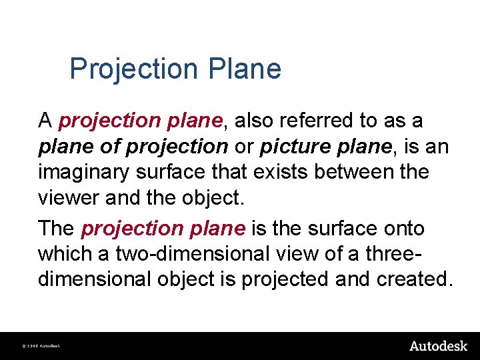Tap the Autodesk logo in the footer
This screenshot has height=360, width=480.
(x=438, y=345)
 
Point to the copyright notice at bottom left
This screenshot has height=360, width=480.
(x=41, y=346)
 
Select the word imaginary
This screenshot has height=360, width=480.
(x=85, y=172)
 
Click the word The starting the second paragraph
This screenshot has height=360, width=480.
(x=57, y=229)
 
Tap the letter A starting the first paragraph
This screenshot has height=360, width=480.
(x=45, y=121)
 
